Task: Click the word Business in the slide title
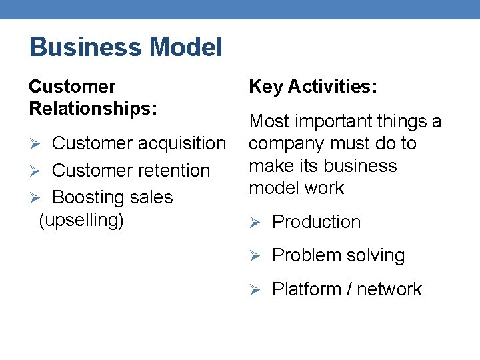[x=86, y=47]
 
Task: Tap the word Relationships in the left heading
[x=93, y=108]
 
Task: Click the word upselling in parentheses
[x=81, y=220]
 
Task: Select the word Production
[x=316, y=222]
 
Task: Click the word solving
[x=377, y=255]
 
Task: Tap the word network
[x=389, y=289]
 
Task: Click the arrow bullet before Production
[x=254, y=223]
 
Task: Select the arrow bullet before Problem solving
[x=254, y=256]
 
